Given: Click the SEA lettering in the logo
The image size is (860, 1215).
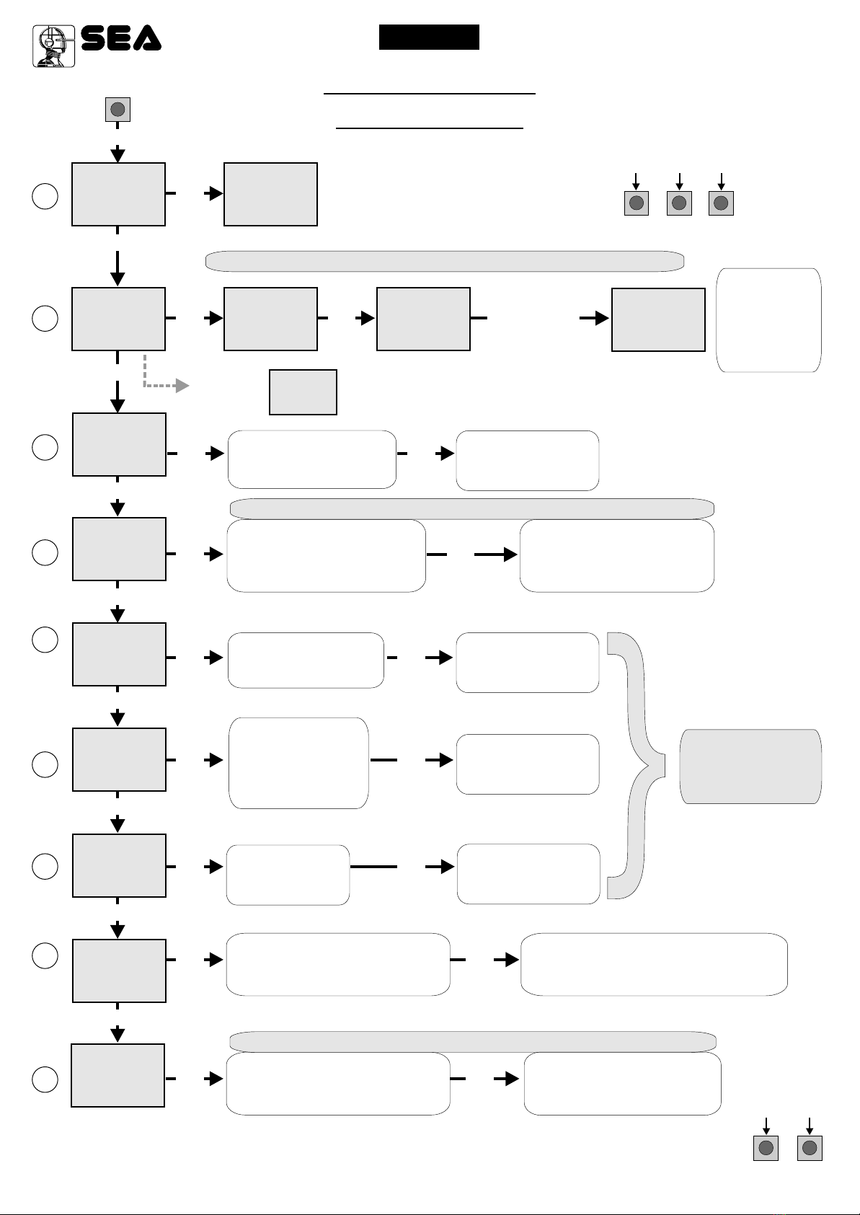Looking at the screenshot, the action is (x=121, y=38).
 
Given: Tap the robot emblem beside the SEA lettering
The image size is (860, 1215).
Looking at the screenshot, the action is (x=53, y=46).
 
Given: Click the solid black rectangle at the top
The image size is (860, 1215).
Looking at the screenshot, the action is (x=429, y=37).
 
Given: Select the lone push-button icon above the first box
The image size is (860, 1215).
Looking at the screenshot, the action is (x=118, y=110).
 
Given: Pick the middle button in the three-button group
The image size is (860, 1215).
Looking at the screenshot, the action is (x=679, y=203).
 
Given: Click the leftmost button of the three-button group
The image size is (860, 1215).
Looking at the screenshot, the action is (x=637, y=203).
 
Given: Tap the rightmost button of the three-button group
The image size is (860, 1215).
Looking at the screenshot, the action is (x=721, y=203).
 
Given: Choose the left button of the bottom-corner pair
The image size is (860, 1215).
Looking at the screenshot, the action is (x=766, y=1148).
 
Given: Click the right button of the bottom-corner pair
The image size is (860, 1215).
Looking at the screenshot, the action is (x=810, y=1148).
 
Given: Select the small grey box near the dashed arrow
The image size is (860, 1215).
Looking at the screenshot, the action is (x=303, y=392).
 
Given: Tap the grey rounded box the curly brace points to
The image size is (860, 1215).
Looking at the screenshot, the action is (x=750, y=766).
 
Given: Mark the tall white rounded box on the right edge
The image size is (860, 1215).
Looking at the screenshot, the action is (x=769, y=320).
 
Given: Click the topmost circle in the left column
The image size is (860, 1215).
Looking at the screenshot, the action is (x=45, y=196).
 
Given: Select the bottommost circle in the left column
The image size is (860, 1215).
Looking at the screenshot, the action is (x=45, y=1079).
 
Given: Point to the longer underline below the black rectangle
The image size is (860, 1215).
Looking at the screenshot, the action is (x=430, y=94).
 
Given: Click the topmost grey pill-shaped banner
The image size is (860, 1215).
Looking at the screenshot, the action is (x=445, y=262).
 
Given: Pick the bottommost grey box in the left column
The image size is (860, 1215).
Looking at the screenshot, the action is (x=118, y=1075).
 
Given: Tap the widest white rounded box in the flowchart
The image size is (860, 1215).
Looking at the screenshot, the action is (x=654, y=964).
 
